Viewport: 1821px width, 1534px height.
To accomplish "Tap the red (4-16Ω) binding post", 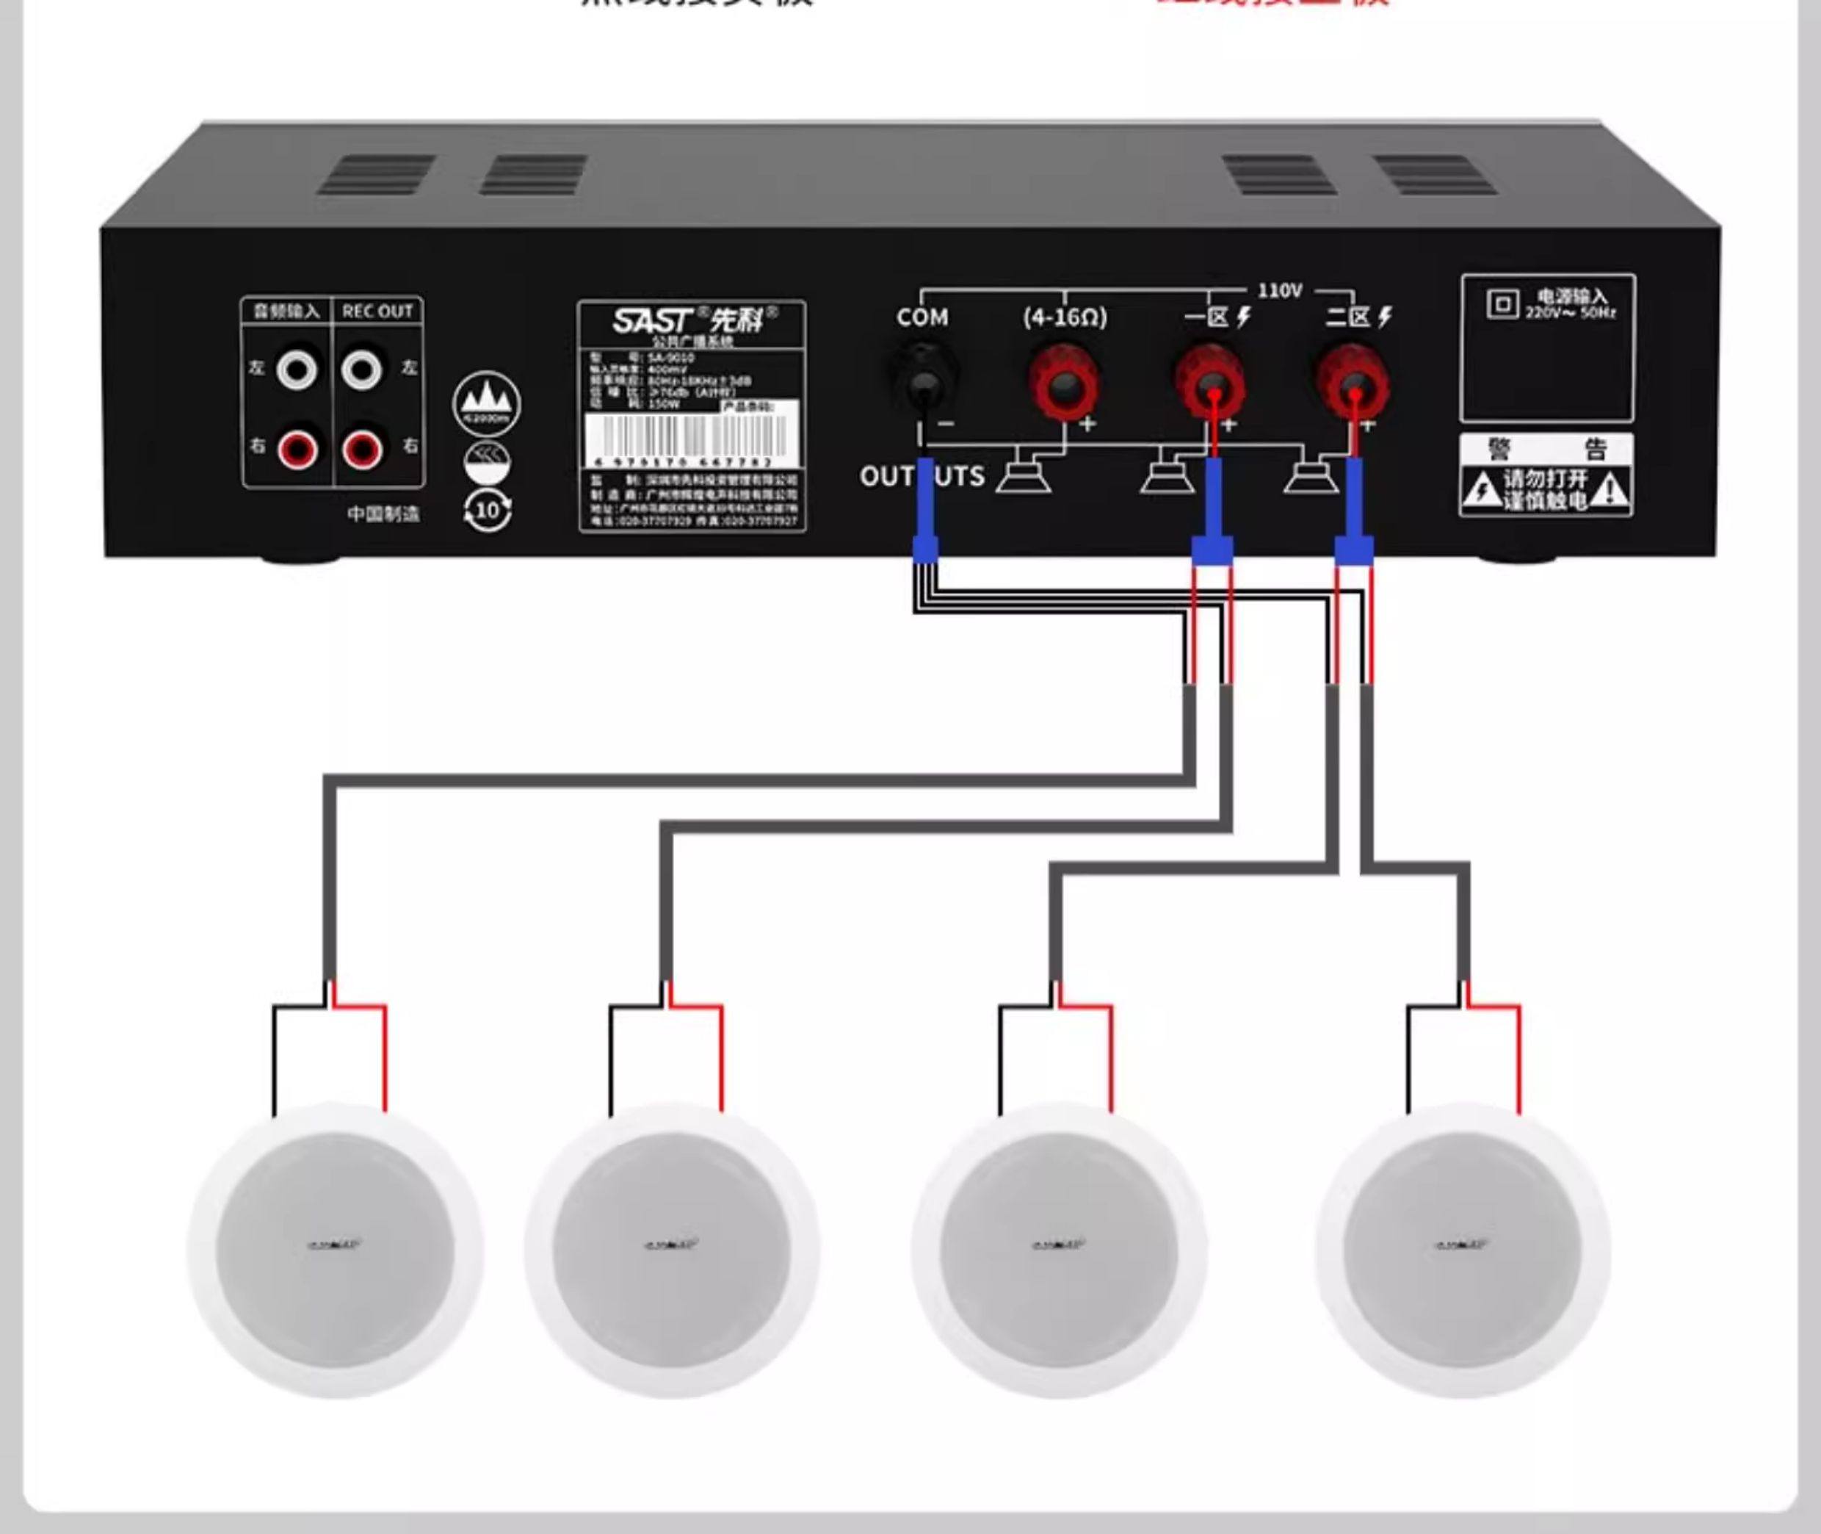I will coord(1063,382).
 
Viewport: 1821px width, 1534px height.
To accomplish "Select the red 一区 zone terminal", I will coord(1210,383).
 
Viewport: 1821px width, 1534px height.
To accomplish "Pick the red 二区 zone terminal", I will coord(1353,383).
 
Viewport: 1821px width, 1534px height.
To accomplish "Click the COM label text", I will coord(922,317).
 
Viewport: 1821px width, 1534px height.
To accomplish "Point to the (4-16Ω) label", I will coord(1065,317).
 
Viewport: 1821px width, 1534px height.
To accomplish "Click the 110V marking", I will coord(1280,290).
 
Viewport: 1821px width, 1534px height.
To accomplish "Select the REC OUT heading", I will coord(377,312).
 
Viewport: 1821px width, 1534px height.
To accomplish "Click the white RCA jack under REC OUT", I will coord(361,370).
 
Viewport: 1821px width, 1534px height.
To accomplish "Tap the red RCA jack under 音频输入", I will coord(297,450).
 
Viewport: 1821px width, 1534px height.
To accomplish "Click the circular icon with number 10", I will coord(487,511).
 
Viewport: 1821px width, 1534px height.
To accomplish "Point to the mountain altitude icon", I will coord(487,403).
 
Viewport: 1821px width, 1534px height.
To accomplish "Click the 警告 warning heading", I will coord(1546,449).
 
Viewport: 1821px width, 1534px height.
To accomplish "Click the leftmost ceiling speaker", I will coord(335,1250).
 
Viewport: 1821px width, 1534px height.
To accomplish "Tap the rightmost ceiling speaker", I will coord(1463,1250).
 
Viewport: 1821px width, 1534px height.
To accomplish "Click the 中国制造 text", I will coord(383,514).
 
